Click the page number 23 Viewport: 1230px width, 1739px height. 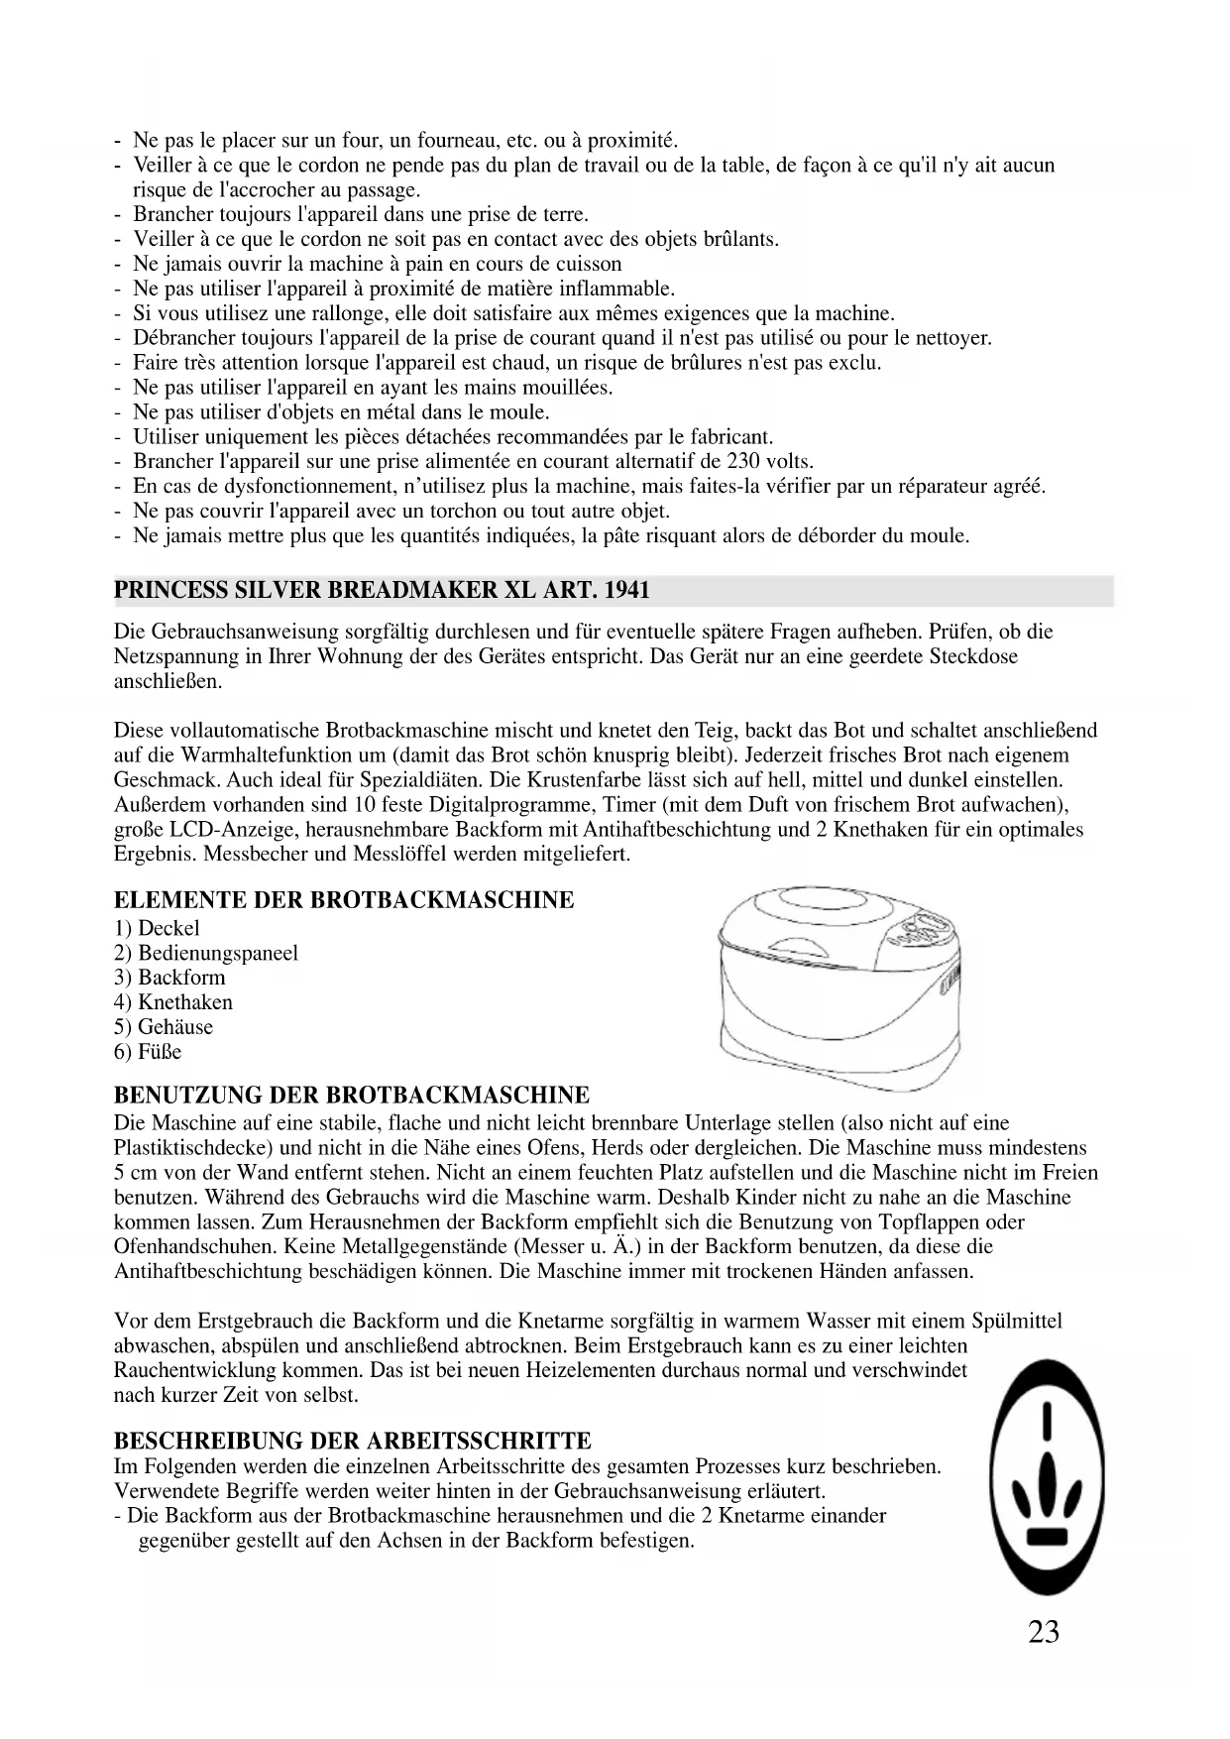(1043, 1632)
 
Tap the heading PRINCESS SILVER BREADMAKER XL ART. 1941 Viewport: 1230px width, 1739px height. (382, 591)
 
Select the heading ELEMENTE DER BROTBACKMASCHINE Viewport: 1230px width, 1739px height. (344, 900)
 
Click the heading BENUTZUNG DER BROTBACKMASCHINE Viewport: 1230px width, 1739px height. (352, 1096)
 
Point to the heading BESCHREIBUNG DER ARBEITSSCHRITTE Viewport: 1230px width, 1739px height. (353, 1441)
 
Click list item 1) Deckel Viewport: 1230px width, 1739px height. (157, 929)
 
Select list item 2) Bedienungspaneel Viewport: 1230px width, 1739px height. (206, 954)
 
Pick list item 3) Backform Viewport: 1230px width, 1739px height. (169, 978)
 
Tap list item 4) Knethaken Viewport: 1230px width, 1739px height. (173, 1002)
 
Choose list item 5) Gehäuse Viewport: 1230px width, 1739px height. (164, 1027)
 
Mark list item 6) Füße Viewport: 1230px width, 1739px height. (148, 1052)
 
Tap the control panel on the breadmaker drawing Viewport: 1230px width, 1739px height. (921, 931)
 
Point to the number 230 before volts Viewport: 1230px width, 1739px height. (743, 462)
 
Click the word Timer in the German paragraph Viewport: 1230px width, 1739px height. (629, 805)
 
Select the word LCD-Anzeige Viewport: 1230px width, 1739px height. (217, 830)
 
